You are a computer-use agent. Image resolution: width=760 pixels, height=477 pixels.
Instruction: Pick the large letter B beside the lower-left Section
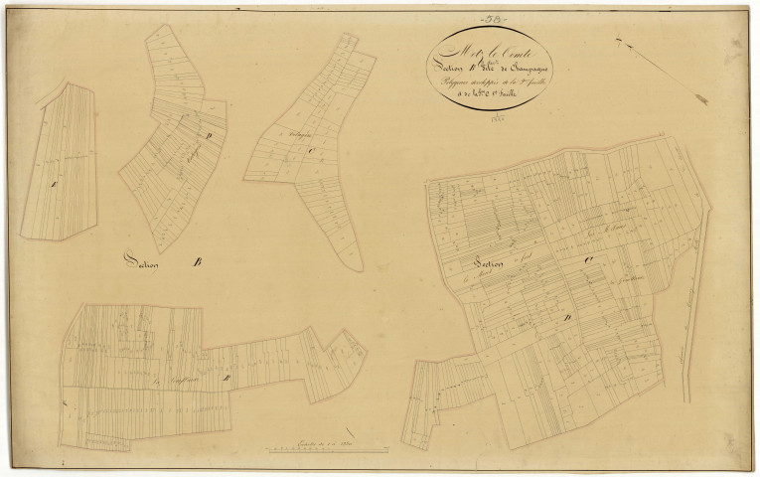(196, 262)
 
